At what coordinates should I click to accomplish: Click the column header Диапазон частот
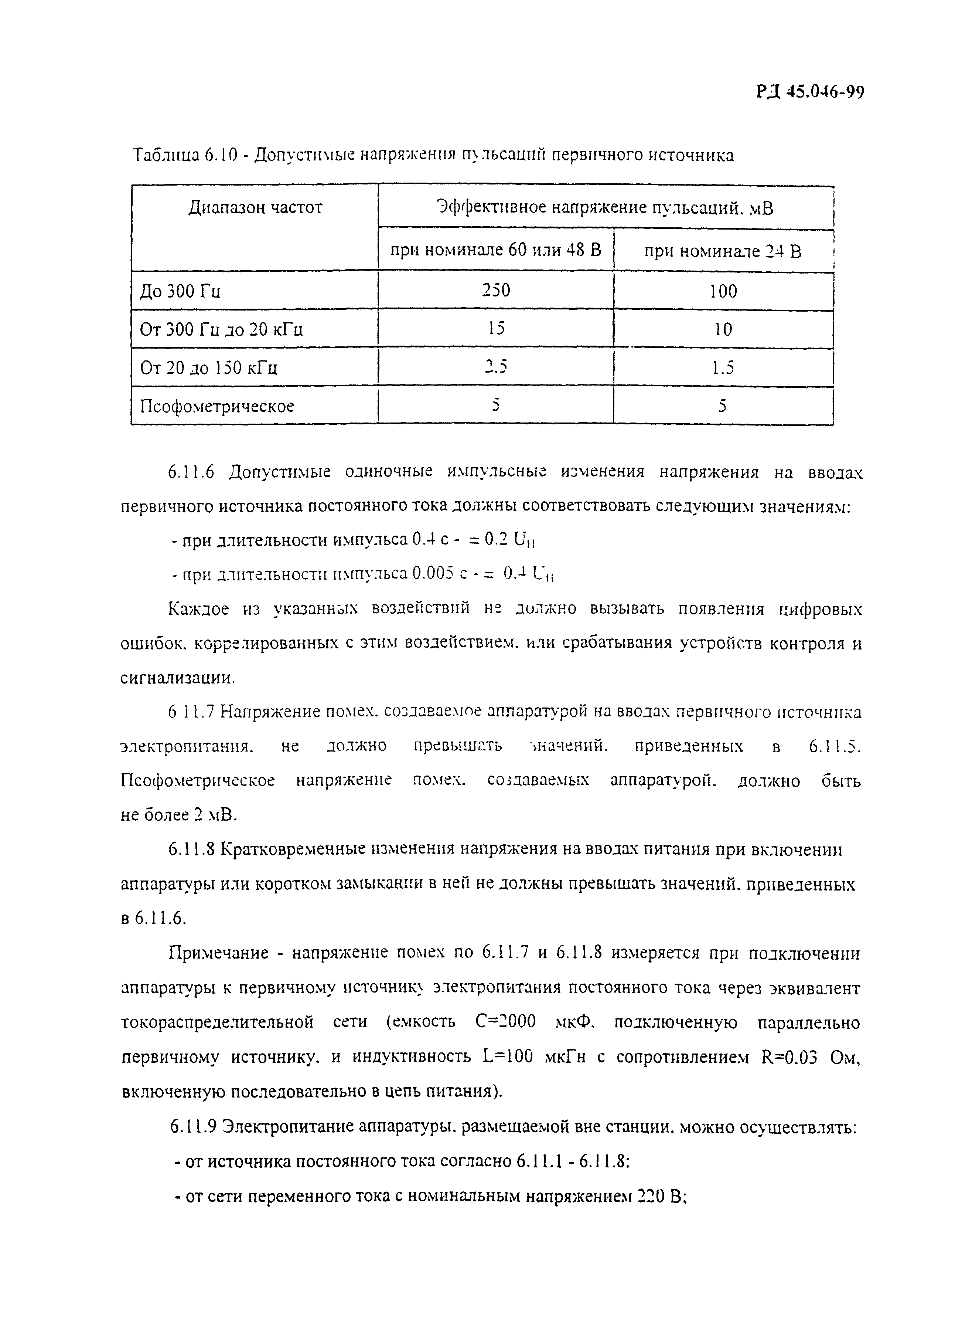(x=255, y=208)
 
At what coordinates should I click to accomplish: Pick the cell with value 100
(x=723, y=291)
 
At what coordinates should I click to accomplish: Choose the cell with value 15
(x=496, y=328)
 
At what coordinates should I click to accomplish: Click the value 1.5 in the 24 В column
(x=723, y=367)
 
